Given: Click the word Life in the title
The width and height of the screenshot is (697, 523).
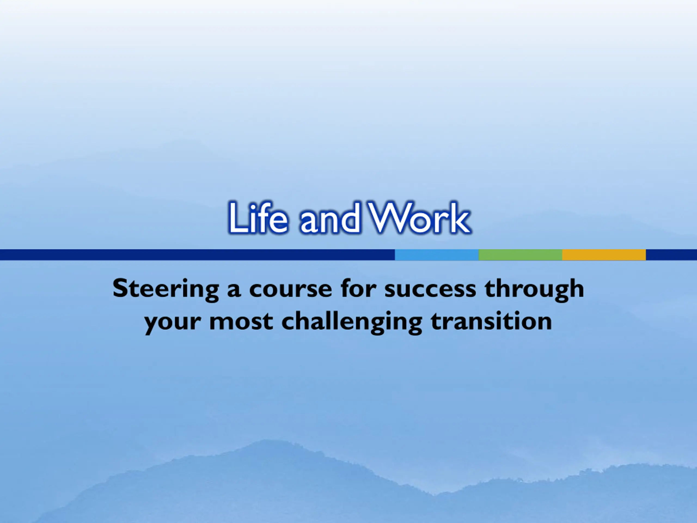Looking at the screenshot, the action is point(258,218).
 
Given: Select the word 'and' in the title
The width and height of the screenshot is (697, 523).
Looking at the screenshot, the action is point(330,218).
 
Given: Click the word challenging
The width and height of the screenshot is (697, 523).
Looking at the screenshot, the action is point(352,323).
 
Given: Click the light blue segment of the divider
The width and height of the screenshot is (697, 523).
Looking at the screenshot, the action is point(437,255).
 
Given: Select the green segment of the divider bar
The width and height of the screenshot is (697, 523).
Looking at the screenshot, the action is point(521,255).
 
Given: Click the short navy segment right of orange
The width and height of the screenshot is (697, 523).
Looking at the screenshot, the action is point(671,255).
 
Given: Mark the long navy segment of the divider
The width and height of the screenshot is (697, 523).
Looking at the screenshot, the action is point(197,255).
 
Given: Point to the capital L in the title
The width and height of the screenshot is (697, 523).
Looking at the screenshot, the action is point(238,218).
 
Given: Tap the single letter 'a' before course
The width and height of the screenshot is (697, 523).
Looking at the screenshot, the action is point(234,290).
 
